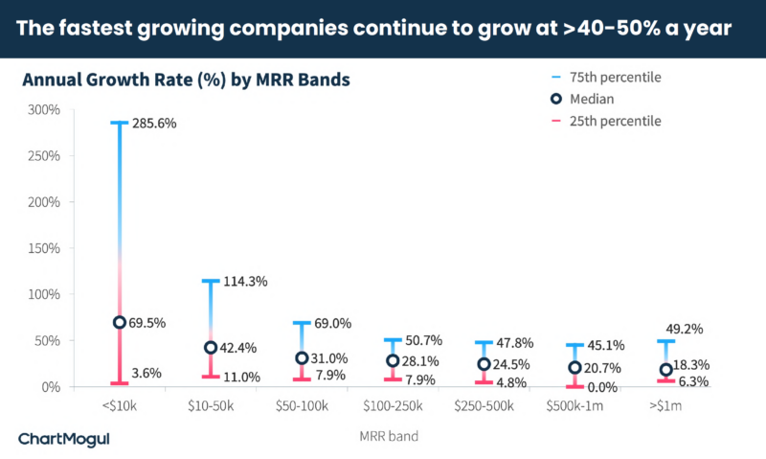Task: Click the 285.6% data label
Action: [x=154, y=125]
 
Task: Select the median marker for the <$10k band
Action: [x=120, y=323]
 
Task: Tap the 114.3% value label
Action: [x=245, y=282]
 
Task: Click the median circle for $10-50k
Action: [x=211, y=348]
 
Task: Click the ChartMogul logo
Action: [x=64, y=439]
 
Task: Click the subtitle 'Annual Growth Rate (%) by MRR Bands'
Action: [x=186, y=80]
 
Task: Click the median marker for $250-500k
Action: [x=484, y=365]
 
